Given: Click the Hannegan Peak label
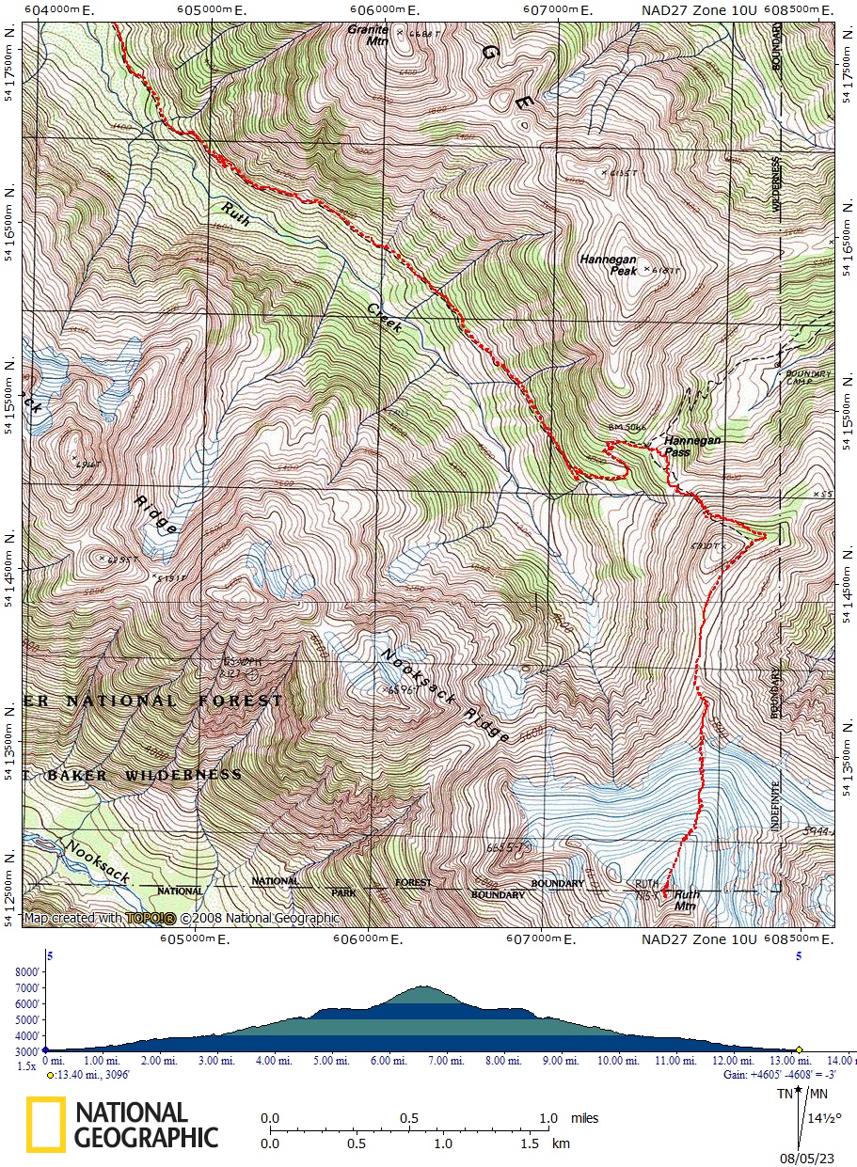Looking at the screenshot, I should point(609,264).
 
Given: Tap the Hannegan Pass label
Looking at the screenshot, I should point(691,446).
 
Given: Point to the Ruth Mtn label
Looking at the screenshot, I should point(687,900).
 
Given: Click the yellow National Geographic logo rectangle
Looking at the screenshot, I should point(45,1125).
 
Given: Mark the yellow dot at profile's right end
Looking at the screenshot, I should point(799,1049).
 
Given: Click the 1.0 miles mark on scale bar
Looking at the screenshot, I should point(549,1119).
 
